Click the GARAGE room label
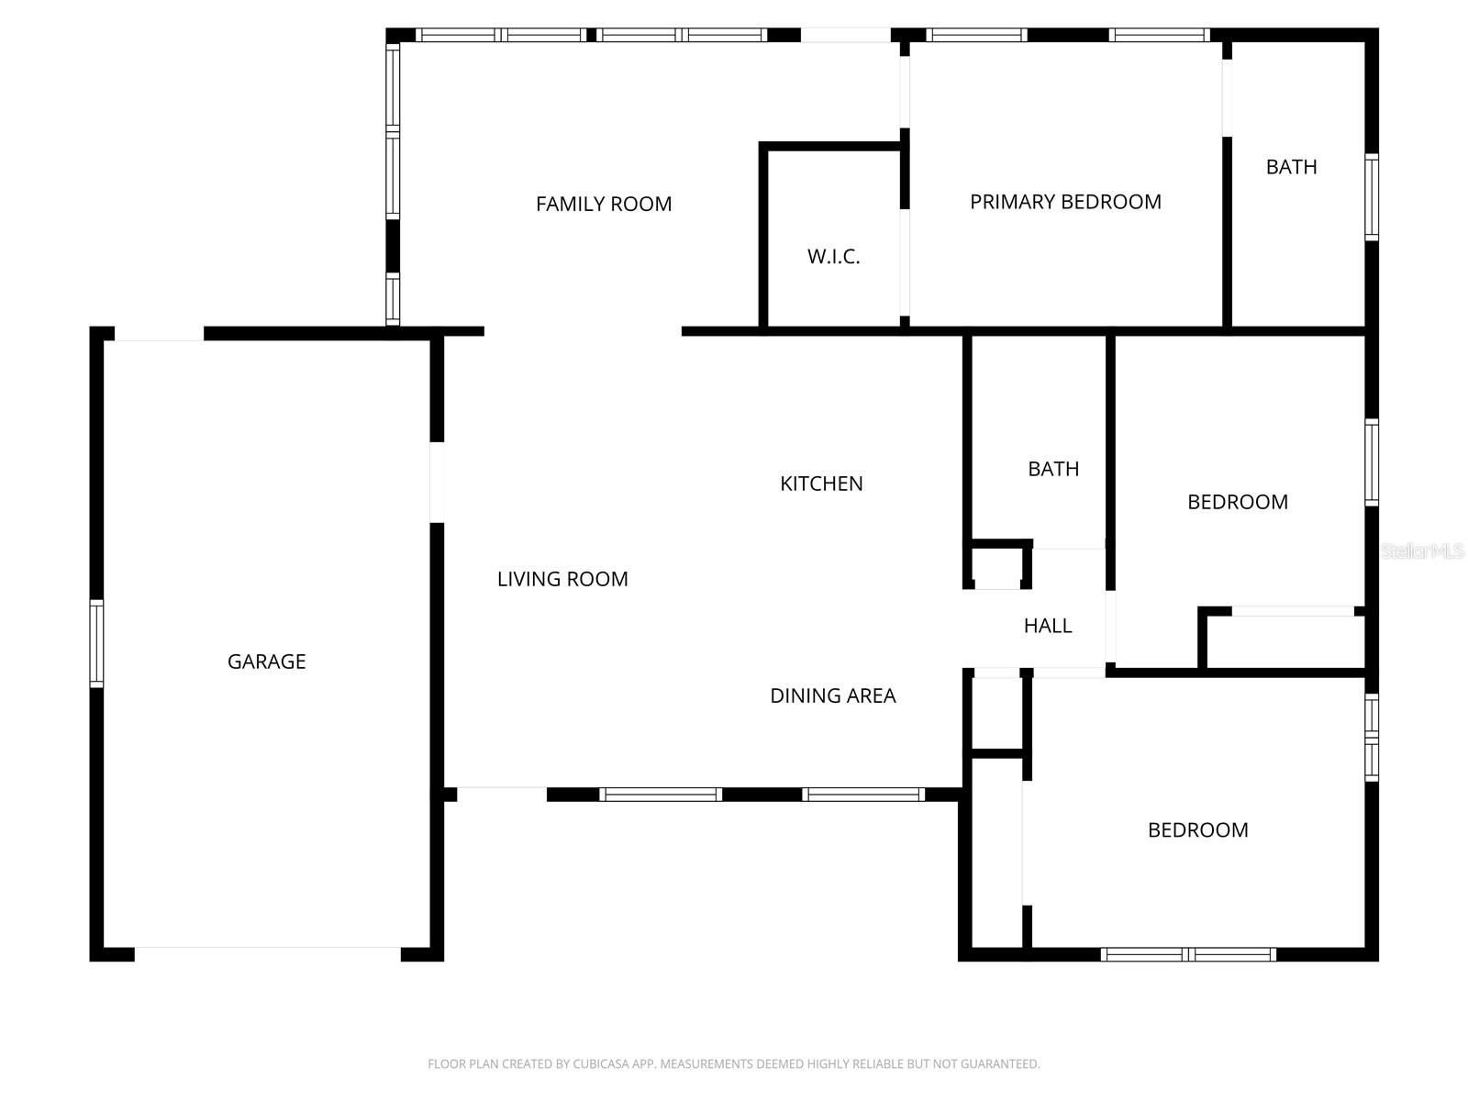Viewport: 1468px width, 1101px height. click(x=266, y=662)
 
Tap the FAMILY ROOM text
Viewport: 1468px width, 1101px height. click(x=604, y=204)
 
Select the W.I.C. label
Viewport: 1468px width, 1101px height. click(x=833, y=257)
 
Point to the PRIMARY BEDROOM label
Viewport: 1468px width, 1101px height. click(x=1065, y=202)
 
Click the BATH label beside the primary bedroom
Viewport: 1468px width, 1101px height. click(x=1291, y=167)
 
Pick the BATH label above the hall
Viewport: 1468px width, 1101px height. click(x=1053, y=469)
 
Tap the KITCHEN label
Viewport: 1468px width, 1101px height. click(x=821, y=484)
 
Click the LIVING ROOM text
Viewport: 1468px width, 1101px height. click(x=562, y=579)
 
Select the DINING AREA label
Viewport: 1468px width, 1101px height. click(x=832, y=695)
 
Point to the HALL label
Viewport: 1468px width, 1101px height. click(x=1048, y=626)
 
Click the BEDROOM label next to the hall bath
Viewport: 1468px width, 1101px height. click(x=1237, y=502)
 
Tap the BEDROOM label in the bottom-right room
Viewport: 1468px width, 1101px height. click(x=1197, y=830)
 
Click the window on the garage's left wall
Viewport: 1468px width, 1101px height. click(x=96, y=643)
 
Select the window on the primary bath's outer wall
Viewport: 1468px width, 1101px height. click(x=1371, y=197)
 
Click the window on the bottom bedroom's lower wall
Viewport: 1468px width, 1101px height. click(x=1188, y=954)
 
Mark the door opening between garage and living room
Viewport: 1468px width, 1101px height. click(x=438, y=483)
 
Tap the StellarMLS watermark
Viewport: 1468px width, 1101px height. click(x=1422, y=550)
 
